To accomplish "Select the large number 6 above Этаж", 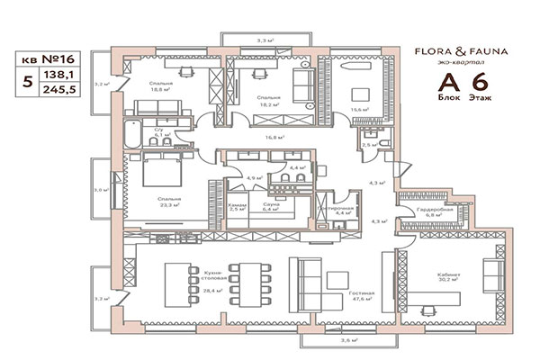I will [476, 78].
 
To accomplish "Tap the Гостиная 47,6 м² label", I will [363, 299].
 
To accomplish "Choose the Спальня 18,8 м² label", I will [162, 86].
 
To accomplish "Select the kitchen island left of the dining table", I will [175, 282].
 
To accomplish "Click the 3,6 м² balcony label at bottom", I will [348, 341].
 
